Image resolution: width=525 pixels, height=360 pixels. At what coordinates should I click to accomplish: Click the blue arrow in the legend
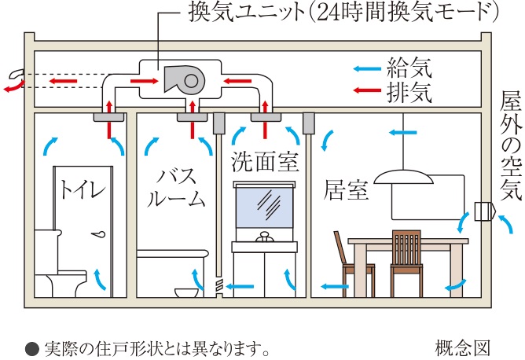365,68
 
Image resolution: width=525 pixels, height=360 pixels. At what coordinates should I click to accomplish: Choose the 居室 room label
347,191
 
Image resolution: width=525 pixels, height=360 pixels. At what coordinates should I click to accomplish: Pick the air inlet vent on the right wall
482,213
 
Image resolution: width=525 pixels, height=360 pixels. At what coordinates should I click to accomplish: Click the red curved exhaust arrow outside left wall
17,80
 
